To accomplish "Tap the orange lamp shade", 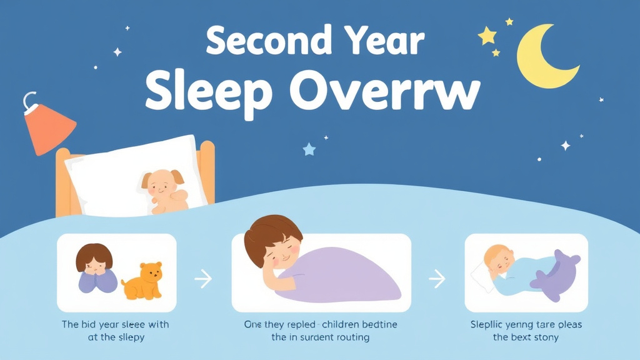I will pyautogui.click(x=49, y=128).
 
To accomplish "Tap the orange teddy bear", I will pyautogui.click(x=143, y=281).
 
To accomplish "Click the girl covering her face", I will pyautogui.click(x=95, y=269).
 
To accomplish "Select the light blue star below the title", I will pyautogui.click(x=308, y=149).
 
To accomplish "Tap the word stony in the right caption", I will pyautogui.click(x=544, y=337).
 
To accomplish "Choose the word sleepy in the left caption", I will pyautogui.click(x=128, y=337).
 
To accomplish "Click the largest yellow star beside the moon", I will pyautogui.click(x=487, y=36).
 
